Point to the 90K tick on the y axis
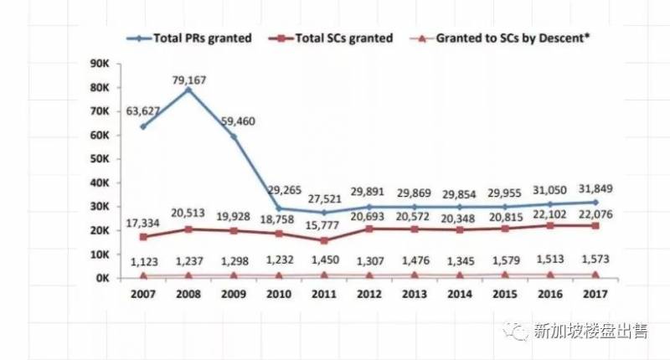101,64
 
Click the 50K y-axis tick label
101,159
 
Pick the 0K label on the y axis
103,277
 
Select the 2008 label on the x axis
188,295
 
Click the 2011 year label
324,295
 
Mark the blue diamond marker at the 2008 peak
188,90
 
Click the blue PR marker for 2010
279,208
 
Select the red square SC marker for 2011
324,240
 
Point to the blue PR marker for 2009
234,136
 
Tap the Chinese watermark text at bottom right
590,332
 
